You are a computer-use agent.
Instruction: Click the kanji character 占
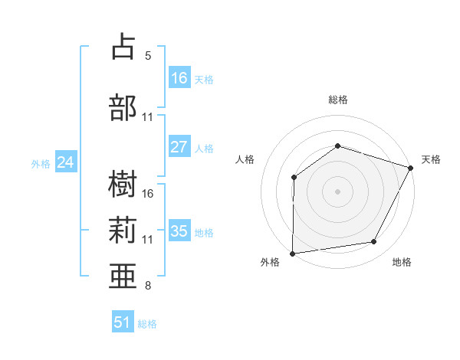click(x=123, y=47)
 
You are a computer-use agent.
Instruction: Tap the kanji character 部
click(x=123, y=106)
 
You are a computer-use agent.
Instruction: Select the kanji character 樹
click(x=123, y=182)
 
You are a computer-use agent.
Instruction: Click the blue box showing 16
click(x=179, y=77)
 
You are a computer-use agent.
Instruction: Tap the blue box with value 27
click(x=179, y=147)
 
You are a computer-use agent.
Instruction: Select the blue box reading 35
click(x=179, y=231)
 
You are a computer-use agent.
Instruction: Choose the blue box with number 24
click(x=66, y=162)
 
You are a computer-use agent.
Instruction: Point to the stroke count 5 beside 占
click(x=148, y=56)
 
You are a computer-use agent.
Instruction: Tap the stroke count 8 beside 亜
click(x=148, y=286)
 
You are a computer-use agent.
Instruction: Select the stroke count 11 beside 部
click(x=148, y=117)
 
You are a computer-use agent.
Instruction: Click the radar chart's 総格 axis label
click(x=337, y=100)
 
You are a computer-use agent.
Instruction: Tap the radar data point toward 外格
click(x=292, y=254)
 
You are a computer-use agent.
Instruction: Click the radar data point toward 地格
click(x=374, y=242)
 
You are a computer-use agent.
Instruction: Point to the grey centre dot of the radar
click(x=337, y=191)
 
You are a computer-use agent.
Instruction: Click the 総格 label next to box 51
click(x=147, y=324)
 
